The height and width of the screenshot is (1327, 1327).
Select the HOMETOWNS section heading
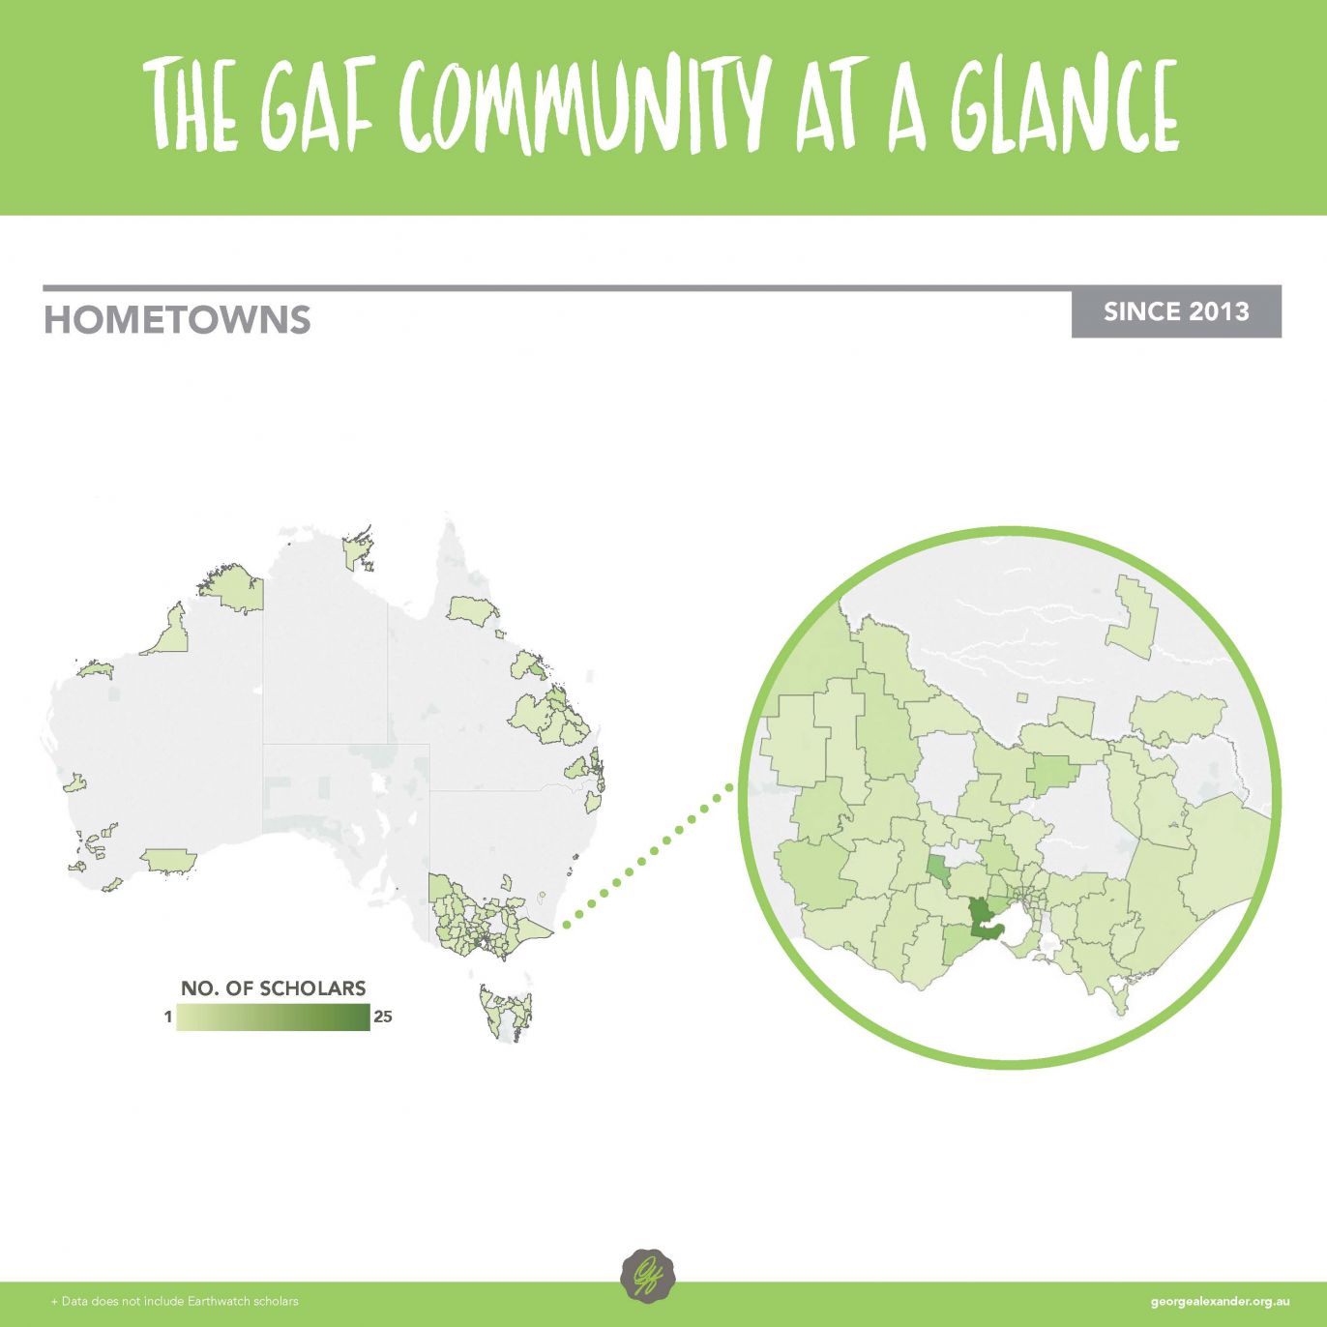pyautogui.click(x=177, y=320)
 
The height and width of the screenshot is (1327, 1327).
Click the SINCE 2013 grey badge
pyautogui.click(x=1176, y=311)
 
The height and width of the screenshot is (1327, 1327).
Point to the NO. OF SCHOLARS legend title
pyautogui.click(x=273, y=988)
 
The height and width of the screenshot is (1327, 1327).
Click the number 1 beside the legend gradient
pyautogui.click(x=168, y=1017)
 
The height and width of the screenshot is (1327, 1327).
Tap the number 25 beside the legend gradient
pyautogui.click(x=382, y=1017)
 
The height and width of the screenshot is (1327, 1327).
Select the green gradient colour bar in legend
pyautogui.click(x=274, y=1017)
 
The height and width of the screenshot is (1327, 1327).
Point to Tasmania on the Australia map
pyautogui.click(x=505, y=1012)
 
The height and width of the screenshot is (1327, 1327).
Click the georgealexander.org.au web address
pyautogui.click(x=1220, y=1302)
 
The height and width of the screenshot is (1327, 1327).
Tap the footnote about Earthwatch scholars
pyautogui.click(x=174, y=1302)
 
